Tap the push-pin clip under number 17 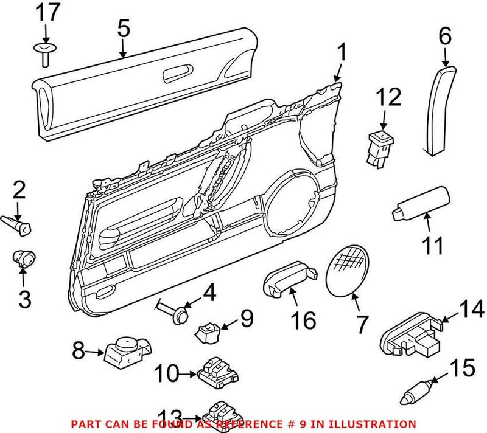[45, 51]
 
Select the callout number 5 [124, 28]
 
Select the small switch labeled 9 [206, 331]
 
